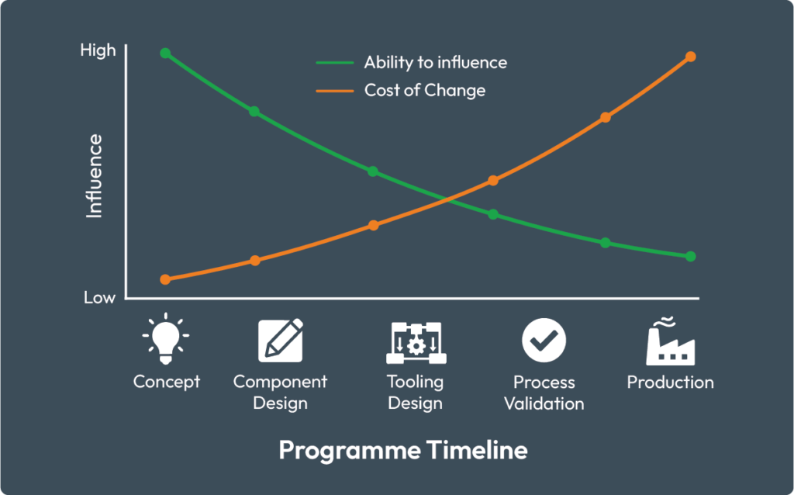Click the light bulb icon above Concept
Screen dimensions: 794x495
coord(166,338)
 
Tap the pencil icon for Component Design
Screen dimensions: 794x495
coord(281,340)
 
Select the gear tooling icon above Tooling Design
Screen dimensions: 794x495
coord(416,342)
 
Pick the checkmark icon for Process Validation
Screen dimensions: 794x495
coord(544,340)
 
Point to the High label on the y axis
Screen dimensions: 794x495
coord(98,50)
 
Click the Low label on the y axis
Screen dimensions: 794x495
coord(99,297)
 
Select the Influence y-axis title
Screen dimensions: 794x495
coord(94,176)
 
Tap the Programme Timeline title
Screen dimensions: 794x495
coord(403,450)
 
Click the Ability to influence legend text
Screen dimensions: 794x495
coord(436,62)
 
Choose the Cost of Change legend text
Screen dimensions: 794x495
coord(425,90)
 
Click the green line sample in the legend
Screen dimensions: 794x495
coord(335,63)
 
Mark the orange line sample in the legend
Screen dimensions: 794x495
coord(335,92)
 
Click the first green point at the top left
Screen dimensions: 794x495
coord(165,54)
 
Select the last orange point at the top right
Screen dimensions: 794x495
coord(691,57)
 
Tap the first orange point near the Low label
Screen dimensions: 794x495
coord(165,279)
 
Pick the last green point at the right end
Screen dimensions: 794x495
coord(691,257)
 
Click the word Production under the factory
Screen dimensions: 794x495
coord(671,382)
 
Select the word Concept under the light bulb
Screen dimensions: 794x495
coord(167,382)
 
